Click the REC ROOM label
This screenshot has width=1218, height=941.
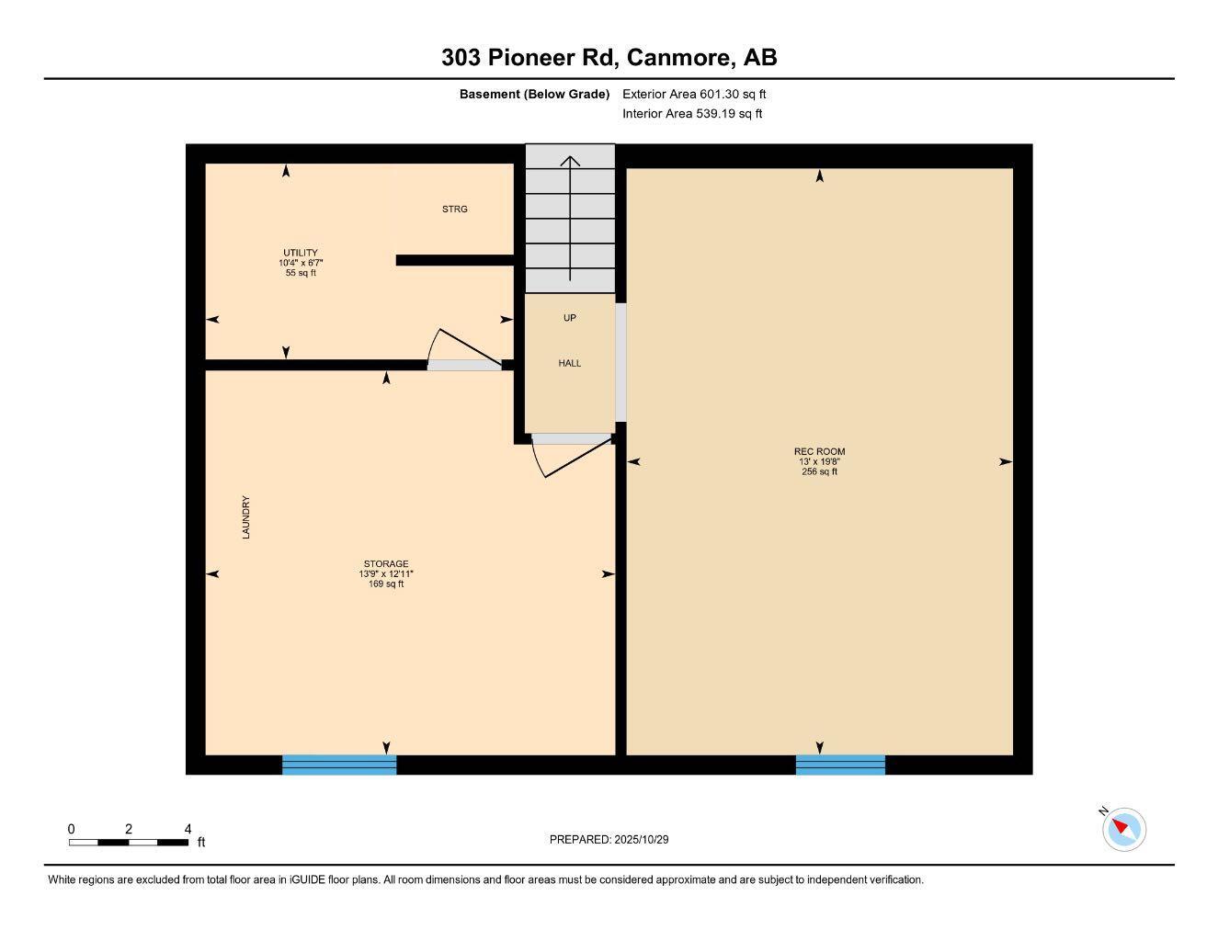click(819, 451)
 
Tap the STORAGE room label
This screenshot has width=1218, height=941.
click(386, 564)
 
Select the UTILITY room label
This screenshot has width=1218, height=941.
click(301, 253)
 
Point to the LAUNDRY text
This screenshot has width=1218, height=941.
click(246, 517)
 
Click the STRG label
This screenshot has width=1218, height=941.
click(455, 210)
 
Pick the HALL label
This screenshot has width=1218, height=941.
click(570, 363)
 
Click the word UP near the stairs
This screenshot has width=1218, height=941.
click(570, 318)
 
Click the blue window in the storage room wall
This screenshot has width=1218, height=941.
click(339, 765)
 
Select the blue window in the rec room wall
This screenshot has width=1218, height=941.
click(840, 765)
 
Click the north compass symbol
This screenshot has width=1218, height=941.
click(1123, 828)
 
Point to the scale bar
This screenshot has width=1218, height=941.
click(129, 842)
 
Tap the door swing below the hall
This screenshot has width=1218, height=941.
click(575, 455)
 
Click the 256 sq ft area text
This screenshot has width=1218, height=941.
click(819, 471)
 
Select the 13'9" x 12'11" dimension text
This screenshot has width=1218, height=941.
click(386, 573)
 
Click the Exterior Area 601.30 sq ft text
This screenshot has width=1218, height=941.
click(694, 94)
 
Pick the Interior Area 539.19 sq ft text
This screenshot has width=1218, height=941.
click(692, 114)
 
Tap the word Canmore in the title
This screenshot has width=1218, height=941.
click(680, 57)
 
